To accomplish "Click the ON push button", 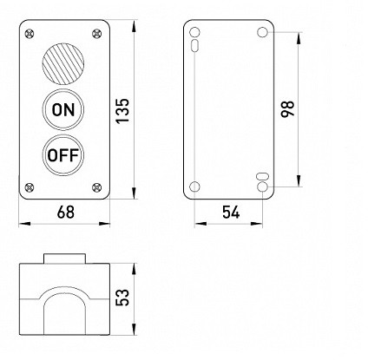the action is point(63,109).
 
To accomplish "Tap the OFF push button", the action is point(63,155).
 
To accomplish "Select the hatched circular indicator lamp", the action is point(63,62).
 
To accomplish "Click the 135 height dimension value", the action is point(122,111).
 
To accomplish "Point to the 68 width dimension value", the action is point(66,212).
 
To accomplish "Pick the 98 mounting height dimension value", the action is point(287,108).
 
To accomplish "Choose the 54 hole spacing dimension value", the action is point(231,212).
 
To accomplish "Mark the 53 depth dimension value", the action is point(122,297).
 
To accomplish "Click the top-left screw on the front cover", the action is point(30,34).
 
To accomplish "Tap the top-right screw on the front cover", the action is point(97,34).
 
